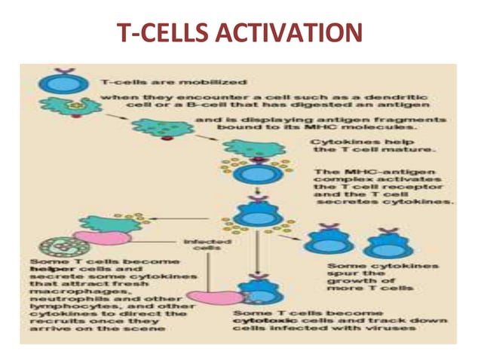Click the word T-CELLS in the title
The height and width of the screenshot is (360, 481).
(x=155, y=34)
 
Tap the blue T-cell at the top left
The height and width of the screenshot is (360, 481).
(x=56, y=81)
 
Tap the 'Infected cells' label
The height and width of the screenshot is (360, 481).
(x=201, y=246)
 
